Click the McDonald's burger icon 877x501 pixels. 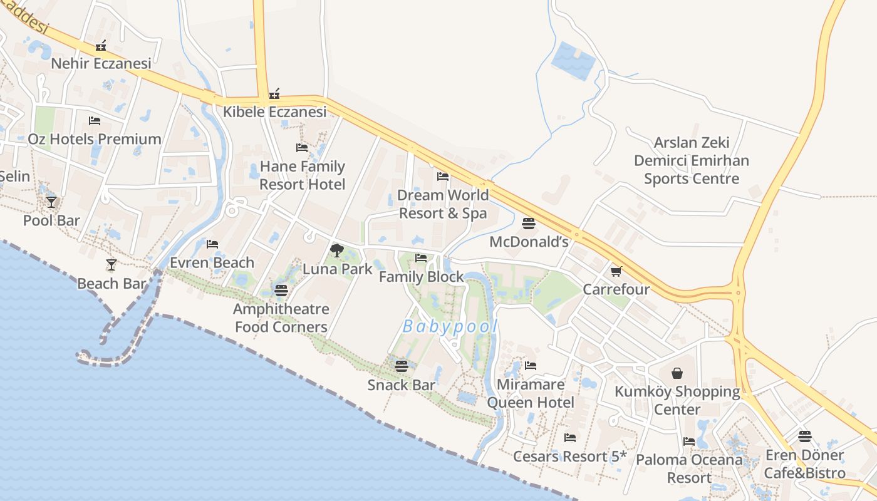(529, 224)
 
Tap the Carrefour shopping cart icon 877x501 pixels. (616, 271)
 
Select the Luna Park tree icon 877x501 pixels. (337, 250)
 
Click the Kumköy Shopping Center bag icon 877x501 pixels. (677, 374)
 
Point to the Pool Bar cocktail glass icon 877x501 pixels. (51, 202)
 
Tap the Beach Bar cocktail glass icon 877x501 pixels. (112, 265)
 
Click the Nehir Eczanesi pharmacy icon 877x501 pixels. (101, 45)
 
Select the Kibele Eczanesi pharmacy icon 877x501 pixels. (274, 94)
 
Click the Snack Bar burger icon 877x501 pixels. (401, 366)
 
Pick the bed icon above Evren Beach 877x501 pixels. (212, 244)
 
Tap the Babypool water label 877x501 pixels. (450, 326)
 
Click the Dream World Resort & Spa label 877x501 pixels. (442, 204)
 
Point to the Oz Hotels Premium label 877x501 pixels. (95, 139)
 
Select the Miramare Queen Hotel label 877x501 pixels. (530, 393)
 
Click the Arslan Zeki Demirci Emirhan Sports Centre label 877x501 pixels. (692, 161)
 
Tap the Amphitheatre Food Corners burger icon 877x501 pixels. (281, 290)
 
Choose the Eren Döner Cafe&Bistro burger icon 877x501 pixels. (805, 436)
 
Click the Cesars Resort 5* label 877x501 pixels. (569, 457)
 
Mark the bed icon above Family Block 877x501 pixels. (421, 257)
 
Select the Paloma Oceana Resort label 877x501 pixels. (689, 468)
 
